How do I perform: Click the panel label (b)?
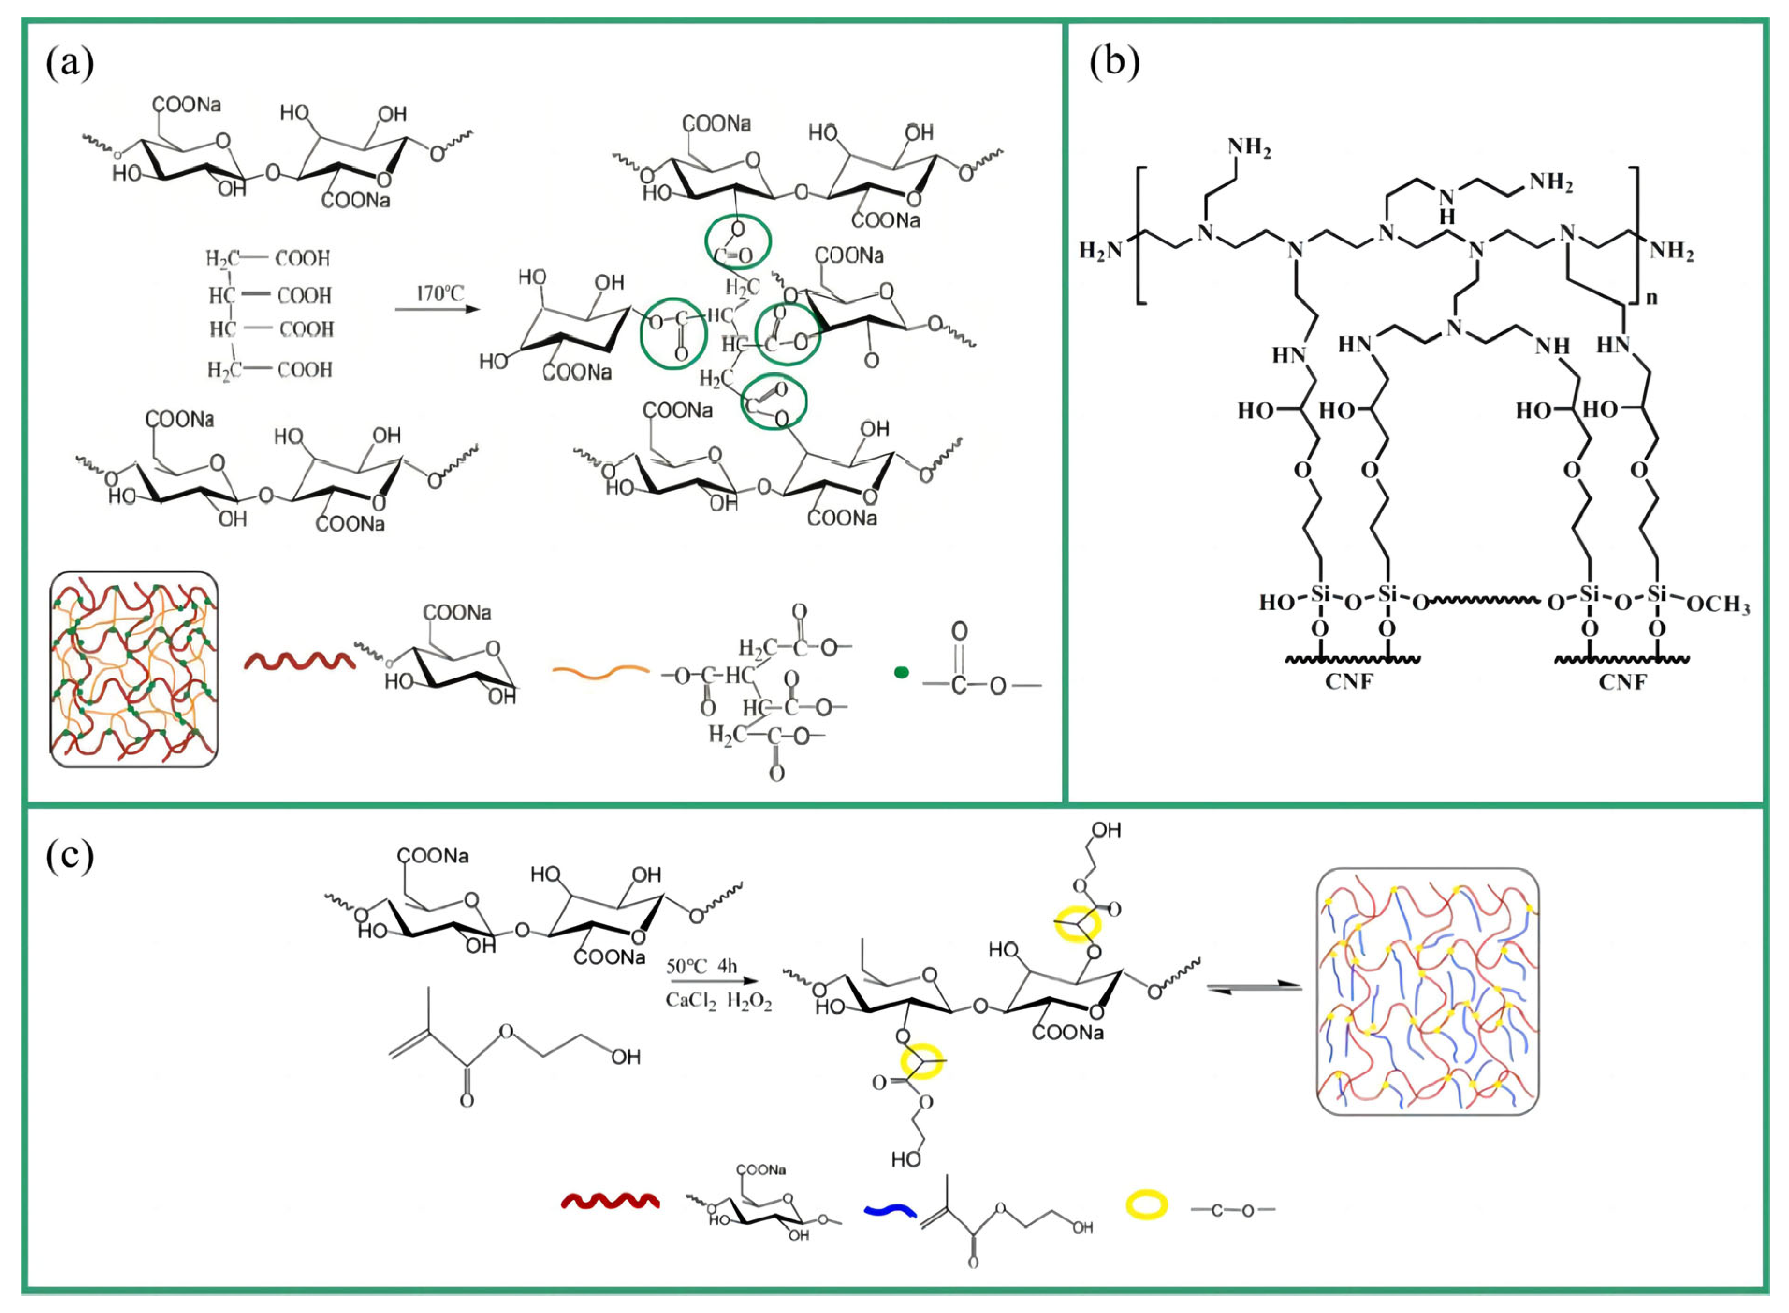point(1114,61)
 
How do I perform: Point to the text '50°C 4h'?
point(702,966)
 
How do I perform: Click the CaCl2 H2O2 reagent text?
point(718,1000)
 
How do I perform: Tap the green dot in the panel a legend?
point(901,672)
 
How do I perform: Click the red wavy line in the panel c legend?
point(610,1202)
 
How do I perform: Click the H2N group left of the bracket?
point(1101,251)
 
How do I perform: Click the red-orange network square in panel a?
point(133,669)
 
